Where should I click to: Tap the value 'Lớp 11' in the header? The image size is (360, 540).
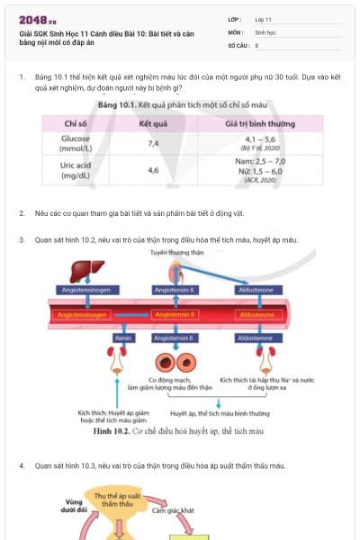[265, 18]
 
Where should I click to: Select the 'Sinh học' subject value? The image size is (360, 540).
[266, 31]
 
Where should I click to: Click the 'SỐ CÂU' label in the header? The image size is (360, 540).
[238, 44]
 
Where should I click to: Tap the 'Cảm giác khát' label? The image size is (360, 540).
[173, 510]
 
